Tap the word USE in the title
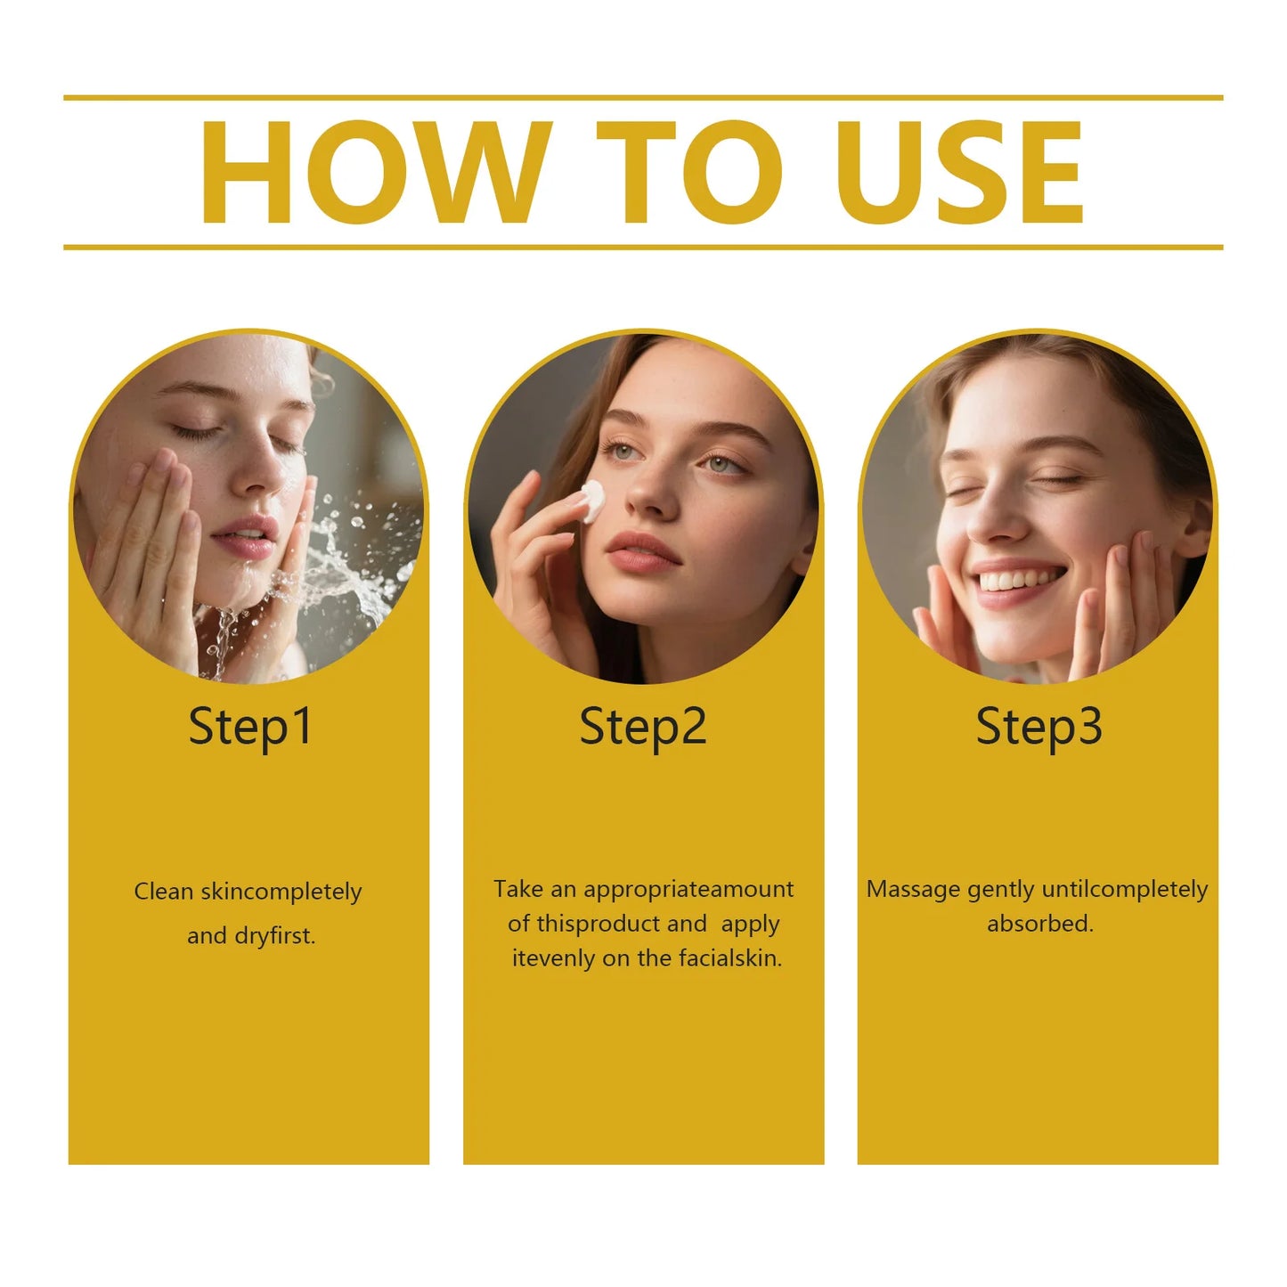[x=960, y=172]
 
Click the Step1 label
[x=250, y=727]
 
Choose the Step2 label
[x=643, y=727]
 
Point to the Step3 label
[x=1039, y=727]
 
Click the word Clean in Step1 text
[x=163, y=892]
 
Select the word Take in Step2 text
[x=518, y=889]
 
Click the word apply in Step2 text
[x=750, y=925]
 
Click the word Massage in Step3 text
[x=913, y=890]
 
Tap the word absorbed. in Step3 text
[x=1039, y=924]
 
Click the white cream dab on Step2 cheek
[x=592, y=501]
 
